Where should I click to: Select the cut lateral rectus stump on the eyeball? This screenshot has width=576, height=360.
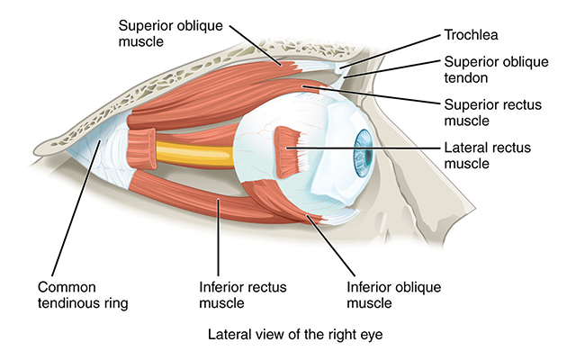pyautogui.click(x=289, y=148)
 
